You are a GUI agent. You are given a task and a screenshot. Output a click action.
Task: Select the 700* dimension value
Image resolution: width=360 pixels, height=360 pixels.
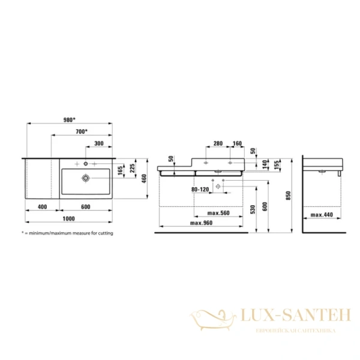[x=81, y=131]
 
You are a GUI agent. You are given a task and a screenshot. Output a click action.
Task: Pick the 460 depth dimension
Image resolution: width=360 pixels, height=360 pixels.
[x=145, y=178]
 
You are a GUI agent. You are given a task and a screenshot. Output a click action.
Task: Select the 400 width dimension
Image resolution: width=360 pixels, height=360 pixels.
[x=41, y=207]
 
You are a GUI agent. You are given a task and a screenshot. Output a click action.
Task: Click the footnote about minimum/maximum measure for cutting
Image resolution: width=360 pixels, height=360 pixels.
[x=67, y=232]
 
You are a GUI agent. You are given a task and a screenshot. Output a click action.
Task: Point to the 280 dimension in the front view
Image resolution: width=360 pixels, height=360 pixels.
[x=218, y=143]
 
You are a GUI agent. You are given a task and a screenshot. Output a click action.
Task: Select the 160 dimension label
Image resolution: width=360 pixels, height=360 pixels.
[x=238, y=143]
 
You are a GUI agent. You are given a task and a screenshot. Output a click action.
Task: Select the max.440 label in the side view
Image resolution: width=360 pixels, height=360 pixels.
[x=322, y=213]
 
